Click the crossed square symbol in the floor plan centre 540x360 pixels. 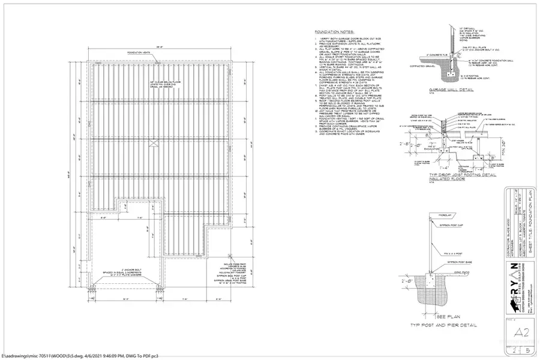pos(154,142)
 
